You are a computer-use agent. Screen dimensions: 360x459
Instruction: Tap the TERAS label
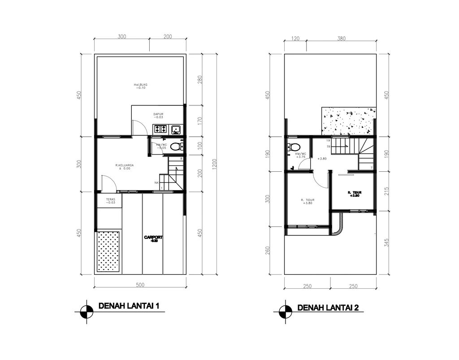110,200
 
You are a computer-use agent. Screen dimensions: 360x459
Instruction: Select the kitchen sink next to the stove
175,130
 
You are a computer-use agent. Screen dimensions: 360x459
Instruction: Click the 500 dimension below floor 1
140,285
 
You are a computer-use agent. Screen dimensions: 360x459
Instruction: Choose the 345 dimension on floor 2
386,243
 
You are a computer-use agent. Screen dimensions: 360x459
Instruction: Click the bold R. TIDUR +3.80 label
355,194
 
